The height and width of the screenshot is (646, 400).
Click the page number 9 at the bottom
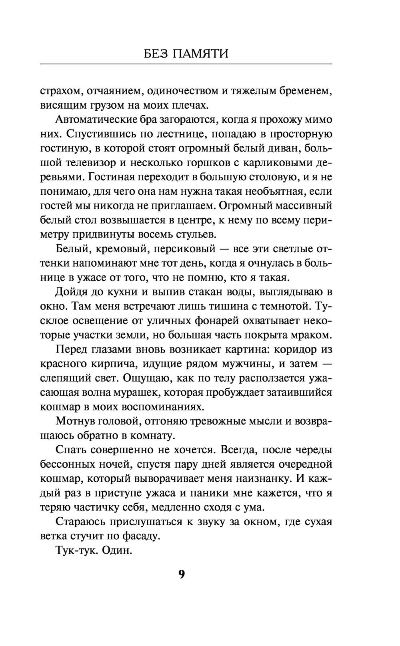click(181, 574)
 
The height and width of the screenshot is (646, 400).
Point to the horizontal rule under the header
click(186, 64)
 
